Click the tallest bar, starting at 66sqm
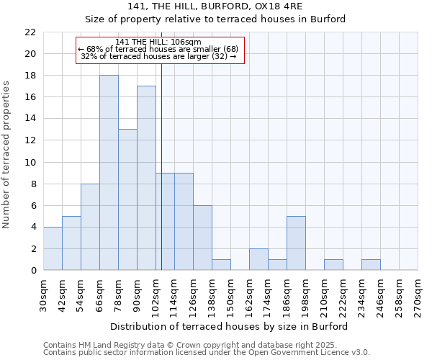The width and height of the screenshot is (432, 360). tap(109, 173)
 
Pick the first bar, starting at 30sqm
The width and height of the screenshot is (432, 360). tap(53, 248)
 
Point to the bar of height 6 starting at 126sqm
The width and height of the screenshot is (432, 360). tap(202, 238)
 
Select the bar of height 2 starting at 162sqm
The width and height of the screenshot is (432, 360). tap(258, 259)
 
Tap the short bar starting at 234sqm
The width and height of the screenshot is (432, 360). tap(371, 265)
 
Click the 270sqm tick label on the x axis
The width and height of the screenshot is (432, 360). tap(418, 295)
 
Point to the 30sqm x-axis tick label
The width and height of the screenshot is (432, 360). tap(44, 295)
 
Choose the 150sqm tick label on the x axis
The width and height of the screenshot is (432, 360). tap(231, 295)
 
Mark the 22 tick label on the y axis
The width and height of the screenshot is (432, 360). tap(30, 32)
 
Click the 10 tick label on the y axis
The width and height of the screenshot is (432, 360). tap(30, 162)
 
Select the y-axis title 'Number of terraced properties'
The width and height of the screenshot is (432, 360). tap(7, 155)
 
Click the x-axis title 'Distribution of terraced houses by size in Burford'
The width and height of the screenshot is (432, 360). tap(230, 326)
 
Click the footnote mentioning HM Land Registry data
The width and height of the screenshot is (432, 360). tap(206, 345)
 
